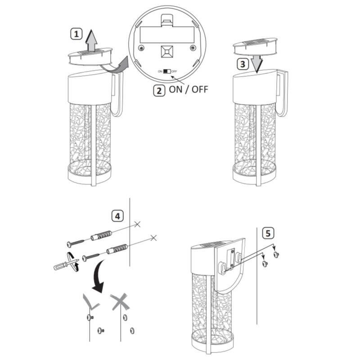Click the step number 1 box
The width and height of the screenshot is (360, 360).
[76, 34]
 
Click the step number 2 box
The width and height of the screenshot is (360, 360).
[159, 90]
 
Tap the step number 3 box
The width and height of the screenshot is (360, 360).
[243, 64]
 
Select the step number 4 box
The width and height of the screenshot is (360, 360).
[117, 216]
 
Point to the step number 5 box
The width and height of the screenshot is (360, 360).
[268, 233]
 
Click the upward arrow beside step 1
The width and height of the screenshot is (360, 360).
[91, 41]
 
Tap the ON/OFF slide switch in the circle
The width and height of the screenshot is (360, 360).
[167, 72]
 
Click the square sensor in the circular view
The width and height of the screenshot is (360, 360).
[167, 52]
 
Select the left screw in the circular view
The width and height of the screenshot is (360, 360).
[141, 48]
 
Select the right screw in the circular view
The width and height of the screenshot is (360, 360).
[193, 48]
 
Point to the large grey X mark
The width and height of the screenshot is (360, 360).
[120, 301]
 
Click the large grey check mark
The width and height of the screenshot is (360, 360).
[91, 301]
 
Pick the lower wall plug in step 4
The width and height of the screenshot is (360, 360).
[117, 249]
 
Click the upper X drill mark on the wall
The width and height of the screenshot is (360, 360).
[137, 224]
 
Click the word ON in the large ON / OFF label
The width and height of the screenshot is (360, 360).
[175, 89]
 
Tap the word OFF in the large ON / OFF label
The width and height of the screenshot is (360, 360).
[200, 89]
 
